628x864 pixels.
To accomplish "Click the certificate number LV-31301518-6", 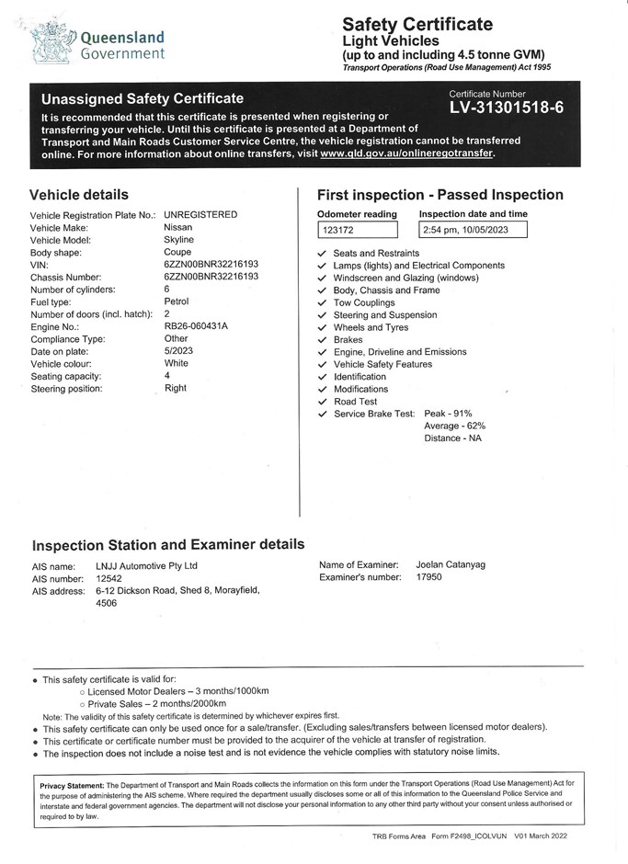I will (506, 108).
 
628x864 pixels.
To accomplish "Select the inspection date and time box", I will (473, 230).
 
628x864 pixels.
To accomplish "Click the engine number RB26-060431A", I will (196, 326).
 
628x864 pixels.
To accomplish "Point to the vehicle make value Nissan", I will (177, 227).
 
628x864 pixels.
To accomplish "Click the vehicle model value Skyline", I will (178, 239).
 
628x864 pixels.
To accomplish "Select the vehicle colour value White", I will (176, 363).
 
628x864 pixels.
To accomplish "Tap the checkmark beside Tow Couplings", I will (322, 303).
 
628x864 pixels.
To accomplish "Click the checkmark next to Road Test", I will (322, 402).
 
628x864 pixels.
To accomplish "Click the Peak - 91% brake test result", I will (448, 414).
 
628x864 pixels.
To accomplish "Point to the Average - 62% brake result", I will (454, 426).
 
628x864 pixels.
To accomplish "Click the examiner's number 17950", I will (429, 577).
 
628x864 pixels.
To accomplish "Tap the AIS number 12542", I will (109, 579).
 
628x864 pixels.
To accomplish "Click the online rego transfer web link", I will (406, 153).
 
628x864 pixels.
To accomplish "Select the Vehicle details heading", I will (79, 195).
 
